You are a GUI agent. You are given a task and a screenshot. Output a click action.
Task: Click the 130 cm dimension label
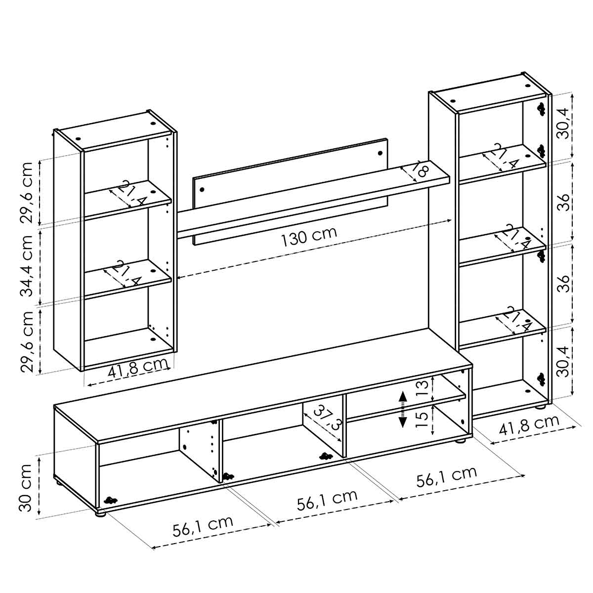point(309,238)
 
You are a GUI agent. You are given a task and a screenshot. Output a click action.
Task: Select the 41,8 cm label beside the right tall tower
point(529,424)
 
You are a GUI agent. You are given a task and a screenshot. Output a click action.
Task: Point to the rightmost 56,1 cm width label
point(447,475)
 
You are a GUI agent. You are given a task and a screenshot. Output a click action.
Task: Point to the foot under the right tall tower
point(541,406)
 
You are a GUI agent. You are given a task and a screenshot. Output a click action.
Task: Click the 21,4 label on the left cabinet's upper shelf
point(128,195)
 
